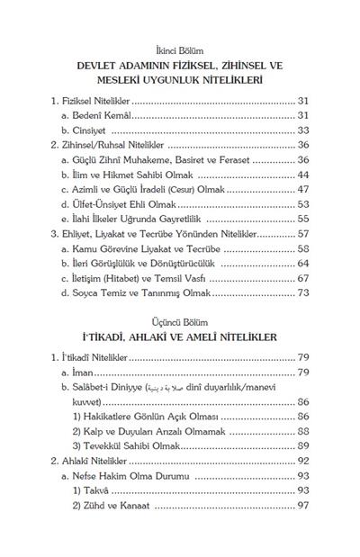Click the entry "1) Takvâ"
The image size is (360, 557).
tap(94, 490)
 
